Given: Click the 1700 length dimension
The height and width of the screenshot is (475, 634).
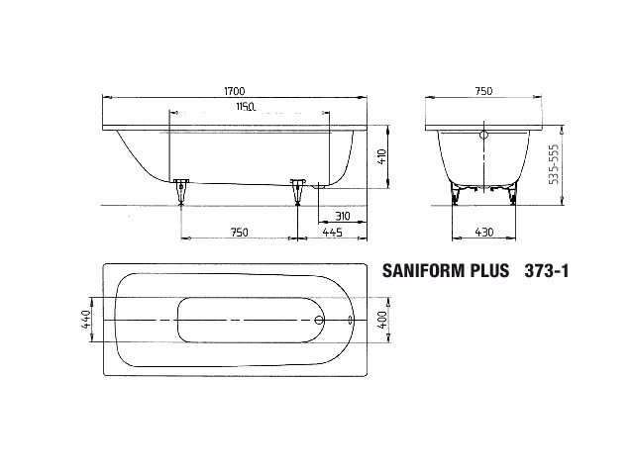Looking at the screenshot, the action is click(235, 91).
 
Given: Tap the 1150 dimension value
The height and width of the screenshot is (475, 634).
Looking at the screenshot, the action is click(246, 107).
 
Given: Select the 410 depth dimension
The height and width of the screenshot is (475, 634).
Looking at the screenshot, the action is click(382, 156).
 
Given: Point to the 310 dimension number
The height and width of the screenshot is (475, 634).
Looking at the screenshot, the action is click(343, 216).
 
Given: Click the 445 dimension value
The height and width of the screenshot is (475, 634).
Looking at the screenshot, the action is click(333, 233).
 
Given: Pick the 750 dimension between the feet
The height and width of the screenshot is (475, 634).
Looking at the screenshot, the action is click(239, 233).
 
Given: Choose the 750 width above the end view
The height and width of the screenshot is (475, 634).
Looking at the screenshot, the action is click(483, 91).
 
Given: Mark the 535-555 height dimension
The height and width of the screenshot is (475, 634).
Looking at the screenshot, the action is click(554, 164).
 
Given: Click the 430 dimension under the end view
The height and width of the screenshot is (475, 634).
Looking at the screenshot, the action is click(483, 233).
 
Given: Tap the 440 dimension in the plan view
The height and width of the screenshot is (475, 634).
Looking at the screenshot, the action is click(86, 319).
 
